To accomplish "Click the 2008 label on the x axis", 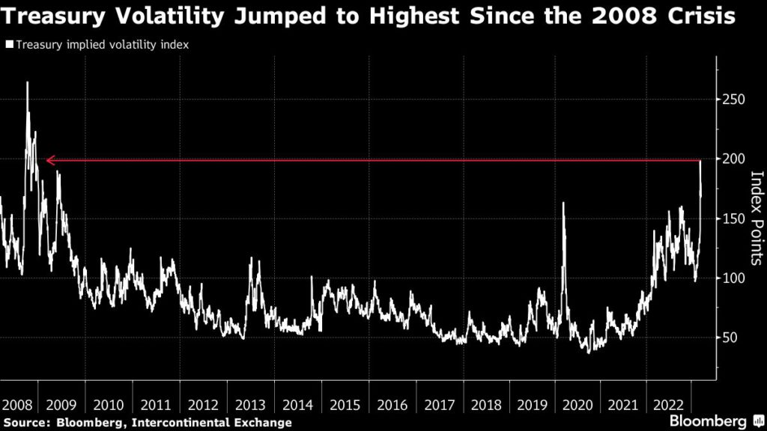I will pos(16,406).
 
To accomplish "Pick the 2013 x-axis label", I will pos(249,406).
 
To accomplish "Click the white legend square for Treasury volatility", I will pos(9,45).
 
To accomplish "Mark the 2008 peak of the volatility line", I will pos(28,83).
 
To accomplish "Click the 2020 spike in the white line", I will pos(563,203).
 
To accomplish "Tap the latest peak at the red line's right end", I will pos(700,162).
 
